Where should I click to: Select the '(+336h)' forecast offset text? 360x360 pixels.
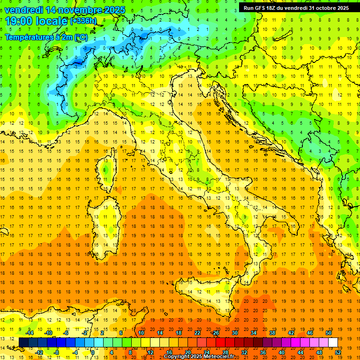pos(83,21)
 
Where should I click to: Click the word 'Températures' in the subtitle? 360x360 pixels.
pos(29,37)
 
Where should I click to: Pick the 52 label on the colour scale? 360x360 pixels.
pos(338,352)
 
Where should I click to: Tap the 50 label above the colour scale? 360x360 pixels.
pos(328,332)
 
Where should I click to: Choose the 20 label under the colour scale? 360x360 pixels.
pos(188,352)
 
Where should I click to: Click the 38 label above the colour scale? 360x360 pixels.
pos(272,332)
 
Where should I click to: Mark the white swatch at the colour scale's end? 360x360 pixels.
pos(333,342)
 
